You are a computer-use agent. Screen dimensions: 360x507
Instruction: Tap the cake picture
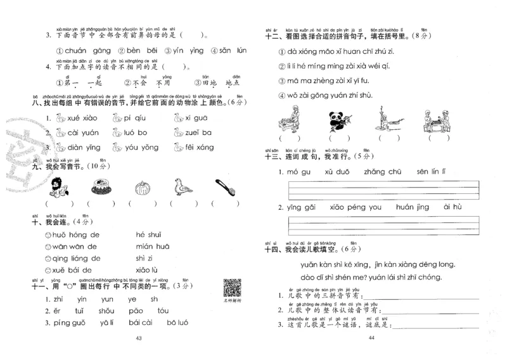(x=100, y=187)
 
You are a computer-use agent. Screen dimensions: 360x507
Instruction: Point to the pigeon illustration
(x=183, y=187)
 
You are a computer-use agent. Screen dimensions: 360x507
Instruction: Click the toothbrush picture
(x=225, y=187)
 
